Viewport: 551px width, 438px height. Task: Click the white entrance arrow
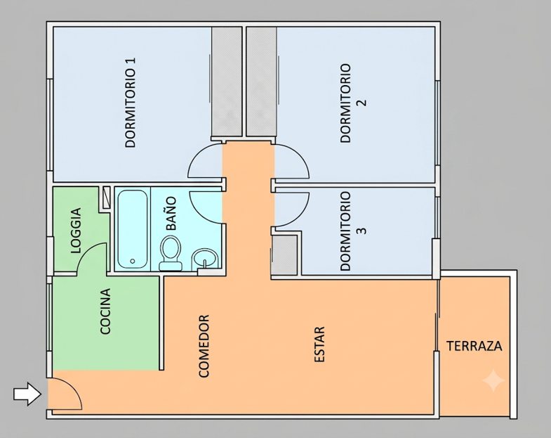click(x=27, y=394)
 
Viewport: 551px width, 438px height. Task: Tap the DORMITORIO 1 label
click(x=131, y=102)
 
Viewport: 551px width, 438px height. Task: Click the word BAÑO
click(x=171, y=213)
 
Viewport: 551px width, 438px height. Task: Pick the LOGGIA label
click(x=76, y=231)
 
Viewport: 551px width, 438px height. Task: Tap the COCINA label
click(x=105, y=311)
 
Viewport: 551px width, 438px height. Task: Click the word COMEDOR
click(x=204, y=346)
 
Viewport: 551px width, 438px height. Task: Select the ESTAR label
click(x=319, y=344)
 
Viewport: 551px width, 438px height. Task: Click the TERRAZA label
click(x=474, y=346)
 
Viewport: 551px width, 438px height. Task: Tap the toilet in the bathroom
click(x=171, y=253)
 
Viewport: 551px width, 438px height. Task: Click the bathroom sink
click(x=206, y=259)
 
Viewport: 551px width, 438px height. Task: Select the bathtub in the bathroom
click(x=132, y=229)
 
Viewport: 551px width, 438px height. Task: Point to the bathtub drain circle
click(x=133, y=261)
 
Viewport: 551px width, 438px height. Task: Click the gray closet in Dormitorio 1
click(x=227, y=82)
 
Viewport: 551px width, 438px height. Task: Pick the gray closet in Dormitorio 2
click(x=261, y=82)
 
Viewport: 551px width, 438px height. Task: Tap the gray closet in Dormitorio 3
click(x=284, y=255)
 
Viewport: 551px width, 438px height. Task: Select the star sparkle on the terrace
click(x=493, y=380)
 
